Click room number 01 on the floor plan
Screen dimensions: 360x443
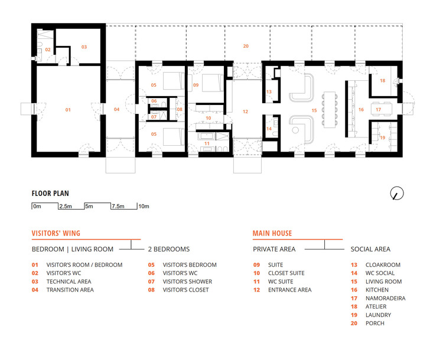(67, 110)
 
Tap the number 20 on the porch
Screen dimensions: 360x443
(246, 45)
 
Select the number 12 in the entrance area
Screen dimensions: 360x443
(246, 111)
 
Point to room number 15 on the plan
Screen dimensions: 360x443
(314, 110)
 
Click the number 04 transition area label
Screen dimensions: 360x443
(116, 110)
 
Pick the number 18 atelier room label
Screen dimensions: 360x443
(382, 81)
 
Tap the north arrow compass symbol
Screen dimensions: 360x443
(398, 193)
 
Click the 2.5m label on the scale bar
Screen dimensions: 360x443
(66, 207)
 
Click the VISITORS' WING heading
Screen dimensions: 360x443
(56, 234)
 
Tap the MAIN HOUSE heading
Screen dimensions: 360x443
(272, 234)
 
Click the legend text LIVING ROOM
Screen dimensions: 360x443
(383, 282)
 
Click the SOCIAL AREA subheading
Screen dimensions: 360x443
(370, 249)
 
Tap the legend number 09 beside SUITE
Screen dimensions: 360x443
(256, 265)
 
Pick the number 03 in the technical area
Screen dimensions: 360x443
(84, 46)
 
